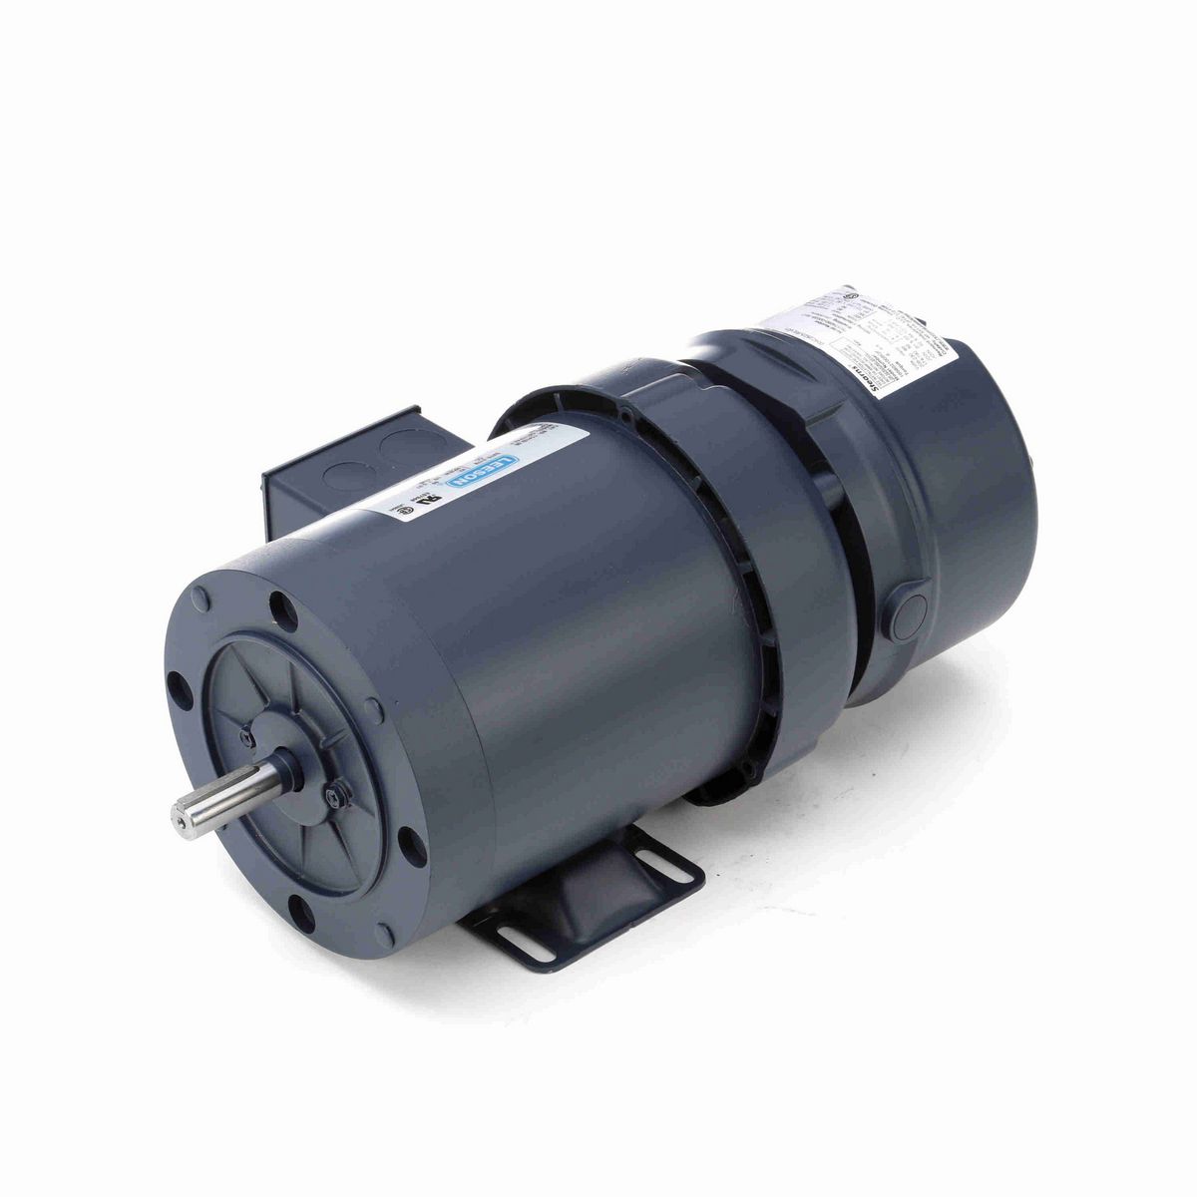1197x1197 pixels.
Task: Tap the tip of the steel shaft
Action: coord(181,820)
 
